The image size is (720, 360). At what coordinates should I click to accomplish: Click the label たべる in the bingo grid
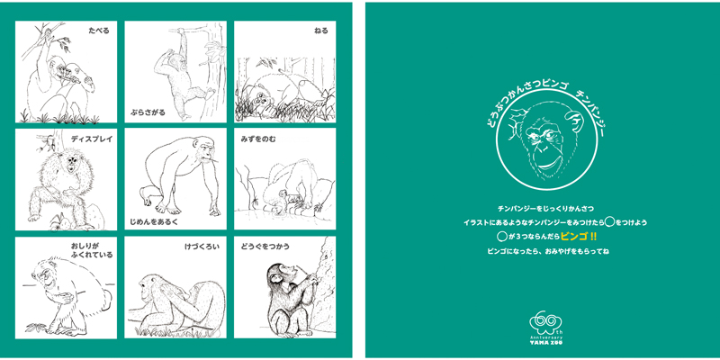point(99,31)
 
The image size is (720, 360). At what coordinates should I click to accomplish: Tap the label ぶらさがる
point(147,112)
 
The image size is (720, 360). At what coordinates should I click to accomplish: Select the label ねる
point(321,31)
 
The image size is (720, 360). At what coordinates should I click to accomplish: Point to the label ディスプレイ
point(92,139)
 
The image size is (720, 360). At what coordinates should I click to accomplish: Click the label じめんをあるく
point(153,221)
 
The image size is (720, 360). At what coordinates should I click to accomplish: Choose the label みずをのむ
point(258,139)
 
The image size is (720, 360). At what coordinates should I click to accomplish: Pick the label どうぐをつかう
point(265,247)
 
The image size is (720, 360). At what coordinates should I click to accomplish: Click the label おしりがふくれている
point(92,251)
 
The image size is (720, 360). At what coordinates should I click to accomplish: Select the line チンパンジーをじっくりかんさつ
point(546,209)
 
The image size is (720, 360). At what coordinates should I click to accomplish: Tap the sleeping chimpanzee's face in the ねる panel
point(264,98)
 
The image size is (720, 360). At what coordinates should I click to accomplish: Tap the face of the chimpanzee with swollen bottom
point(42,274)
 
